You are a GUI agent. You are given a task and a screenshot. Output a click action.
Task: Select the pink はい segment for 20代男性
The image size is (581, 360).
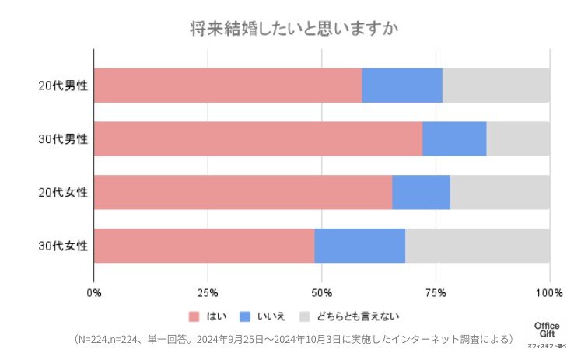[x=228, y=86]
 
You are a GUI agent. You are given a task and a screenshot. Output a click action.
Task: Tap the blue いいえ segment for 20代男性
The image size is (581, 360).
[x=402, y=86]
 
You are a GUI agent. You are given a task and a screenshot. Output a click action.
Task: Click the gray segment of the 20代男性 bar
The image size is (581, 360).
[x=495, y=86]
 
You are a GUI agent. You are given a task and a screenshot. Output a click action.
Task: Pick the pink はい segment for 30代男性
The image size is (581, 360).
[x=258, y=139]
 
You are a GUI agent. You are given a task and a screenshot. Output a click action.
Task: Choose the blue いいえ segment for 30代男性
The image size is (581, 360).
[x=454, y=139]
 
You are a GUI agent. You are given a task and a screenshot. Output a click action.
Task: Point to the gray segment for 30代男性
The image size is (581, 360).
[x=518, y=139]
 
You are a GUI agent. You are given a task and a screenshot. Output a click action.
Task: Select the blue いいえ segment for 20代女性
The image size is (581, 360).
[x=421, y=192]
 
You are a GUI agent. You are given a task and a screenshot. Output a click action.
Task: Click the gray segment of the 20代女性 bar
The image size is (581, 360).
[x=499, y=192]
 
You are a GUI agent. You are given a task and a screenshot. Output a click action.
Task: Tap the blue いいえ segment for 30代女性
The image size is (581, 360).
[x=359, y=246]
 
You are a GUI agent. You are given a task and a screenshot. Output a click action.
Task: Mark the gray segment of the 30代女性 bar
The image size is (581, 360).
[x=477, y=246]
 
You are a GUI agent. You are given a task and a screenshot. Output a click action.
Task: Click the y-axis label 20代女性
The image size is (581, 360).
[x=63, y=193]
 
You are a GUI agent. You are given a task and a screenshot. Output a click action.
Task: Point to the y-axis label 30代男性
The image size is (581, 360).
[x=63, y=139]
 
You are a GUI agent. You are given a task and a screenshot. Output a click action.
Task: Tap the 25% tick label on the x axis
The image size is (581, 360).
[x=208, y=293]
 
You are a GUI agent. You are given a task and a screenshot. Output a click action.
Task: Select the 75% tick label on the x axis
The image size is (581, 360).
[x=436, y=293]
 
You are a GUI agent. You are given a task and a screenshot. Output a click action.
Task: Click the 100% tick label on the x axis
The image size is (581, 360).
[x=549, y=293]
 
